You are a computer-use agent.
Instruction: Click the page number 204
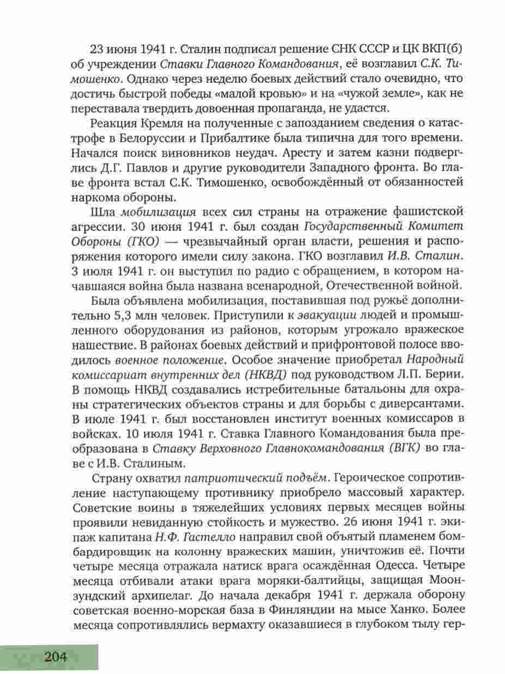54,657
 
